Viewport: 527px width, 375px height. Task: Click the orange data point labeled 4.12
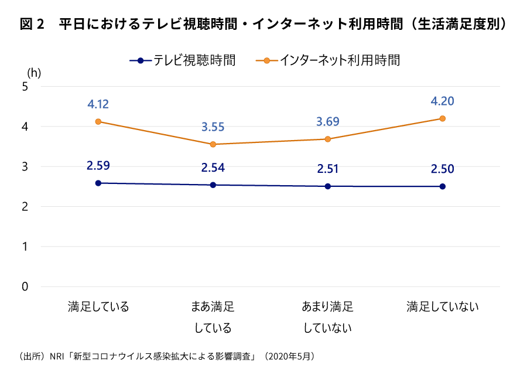tap(98, 122)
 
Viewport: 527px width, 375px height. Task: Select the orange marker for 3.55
tap(213, 145)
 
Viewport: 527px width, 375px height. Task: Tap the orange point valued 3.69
tap(328, 139)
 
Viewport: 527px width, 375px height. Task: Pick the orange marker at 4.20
tap(443, 118)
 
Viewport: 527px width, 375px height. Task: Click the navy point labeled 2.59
tap(98, 183)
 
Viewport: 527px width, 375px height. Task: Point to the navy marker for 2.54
tap(213, 185)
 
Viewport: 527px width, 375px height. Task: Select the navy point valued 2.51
tap(328, 186)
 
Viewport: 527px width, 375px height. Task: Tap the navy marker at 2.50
tap(443, 187)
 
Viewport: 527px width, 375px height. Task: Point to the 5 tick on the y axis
tap(25, 87)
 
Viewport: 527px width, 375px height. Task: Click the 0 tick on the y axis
tap(25, 287)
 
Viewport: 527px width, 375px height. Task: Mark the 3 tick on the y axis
tap(25, 167)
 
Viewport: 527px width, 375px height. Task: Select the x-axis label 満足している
tap(98, 307)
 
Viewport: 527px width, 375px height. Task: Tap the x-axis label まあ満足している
tap(213, 317)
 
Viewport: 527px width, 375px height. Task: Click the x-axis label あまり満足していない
tap(328, 317)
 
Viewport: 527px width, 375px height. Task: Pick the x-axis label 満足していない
tap(443, 307)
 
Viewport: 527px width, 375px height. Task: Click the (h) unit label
tap(34, 73)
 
